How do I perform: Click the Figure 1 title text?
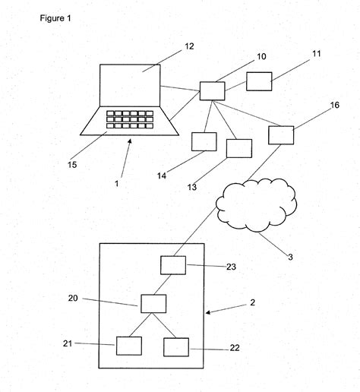coord(56,17)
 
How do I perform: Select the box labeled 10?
coord(212,90)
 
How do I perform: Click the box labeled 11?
coord(259,81)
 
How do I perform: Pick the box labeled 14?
coord(204,141)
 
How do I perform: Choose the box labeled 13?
coord(238,148)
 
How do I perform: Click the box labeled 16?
coord(281,134)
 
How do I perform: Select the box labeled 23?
coord(173,266)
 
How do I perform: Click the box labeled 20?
coord(153,303)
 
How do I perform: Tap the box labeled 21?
coord(128,345)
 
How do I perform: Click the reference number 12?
coord(189,46)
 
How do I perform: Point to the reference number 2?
coord(252,302)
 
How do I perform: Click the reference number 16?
coord(334,106)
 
